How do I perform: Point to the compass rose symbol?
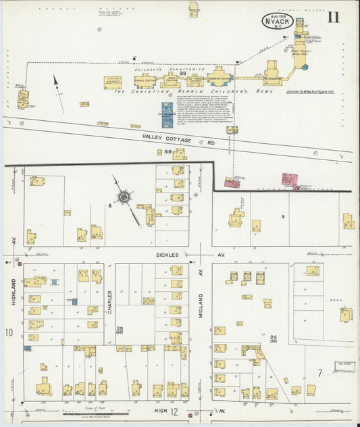click(124, 197)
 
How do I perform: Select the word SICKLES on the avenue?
click(167, 255)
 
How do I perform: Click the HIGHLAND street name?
click(13, 294)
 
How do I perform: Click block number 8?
click(108, 205)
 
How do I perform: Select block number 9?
click(283, 216)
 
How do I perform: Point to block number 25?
click(120, 328)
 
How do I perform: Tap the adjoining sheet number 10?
click(9, 332)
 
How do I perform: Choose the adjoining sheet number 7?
click(319, 372)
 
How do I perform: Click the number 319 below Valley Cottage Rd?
click(167, 152)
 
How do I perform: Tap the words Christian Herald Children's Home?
click(192, 91)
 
